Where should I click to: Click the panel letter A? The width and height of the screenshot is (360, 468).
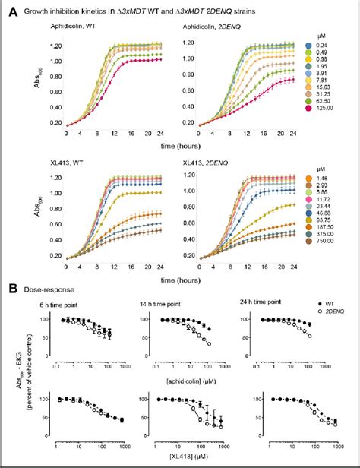coord(9,11)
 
